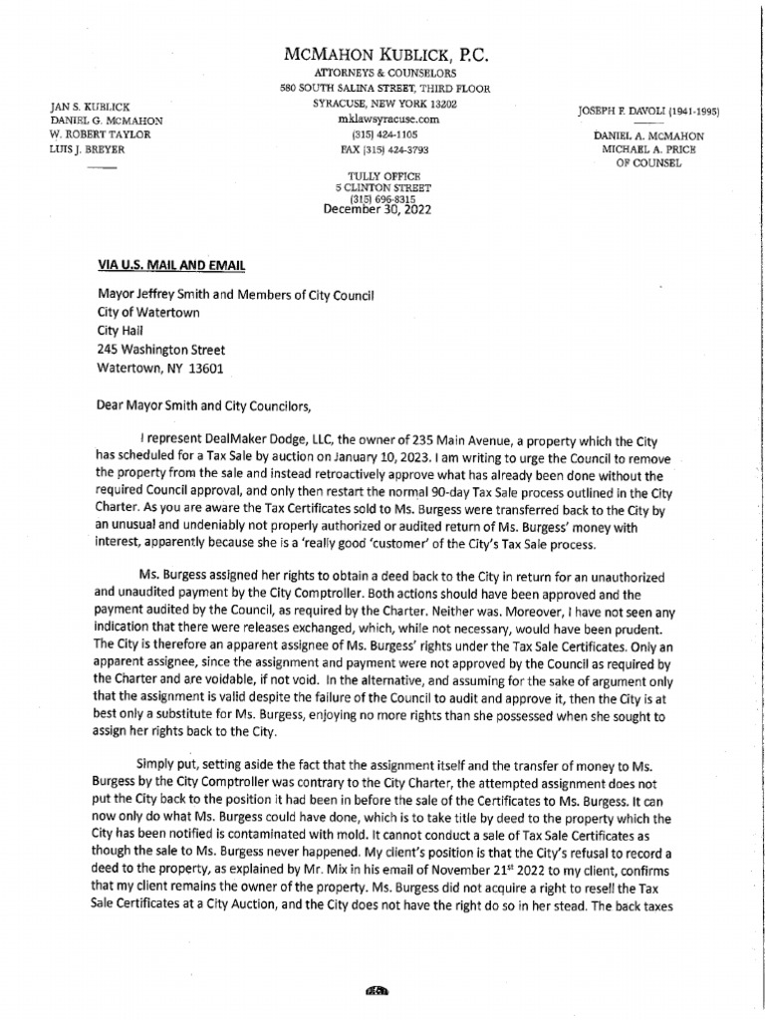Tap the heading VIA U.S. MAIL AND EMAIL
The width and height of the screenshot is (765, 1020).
pyautogui.click(x=169, y=265)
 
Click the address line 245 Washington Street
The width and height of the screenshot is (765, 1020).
pyautogui.click(x=160, y=350)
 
